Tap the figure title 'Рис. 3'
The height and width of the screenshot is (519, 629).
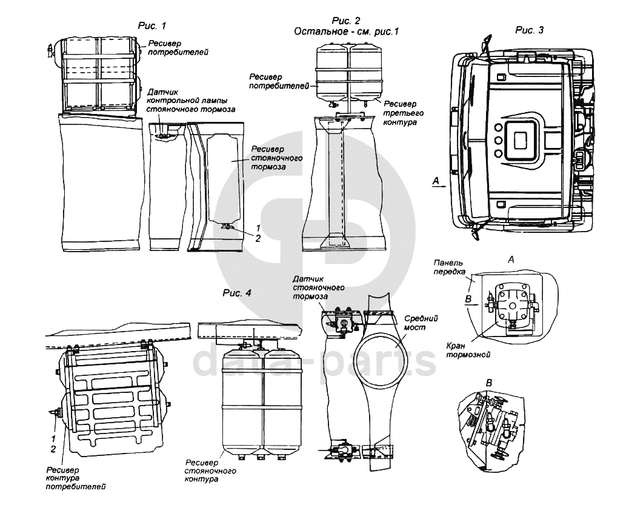click(529, 30)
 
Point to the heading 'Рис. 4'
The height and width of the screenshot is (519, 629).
click(237, 293)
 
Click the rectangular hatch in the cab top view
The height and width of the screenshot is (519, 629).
click(522, 139)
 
